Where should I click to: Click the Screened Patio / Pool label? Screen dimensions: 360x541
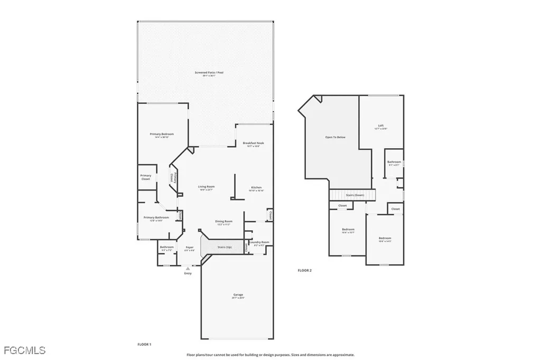coord(206,72)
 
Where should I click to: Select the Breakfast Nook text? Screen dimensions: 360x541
coord(254,143)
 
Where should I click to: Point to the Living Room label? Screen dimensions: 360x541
coord(206,186)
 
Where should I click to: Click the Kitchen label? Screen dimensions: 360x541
coord(256,187)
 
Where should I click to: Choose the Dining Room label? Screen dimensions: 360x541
coord(223,221)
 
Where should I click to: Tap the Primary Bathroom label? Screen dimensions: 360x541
coord(156,217)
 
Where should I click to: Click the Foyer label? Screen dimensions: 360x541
coord(189,247)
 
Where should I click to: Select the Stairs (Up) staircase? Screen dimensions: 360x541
coord(225,247)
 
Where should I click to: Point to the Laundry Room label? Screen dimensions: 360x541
coord(262,242)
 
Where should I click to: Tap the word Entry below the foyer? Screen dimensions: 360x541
coord(188,273)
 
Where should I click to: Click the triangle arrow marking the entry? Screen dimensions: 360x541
coord(188,268)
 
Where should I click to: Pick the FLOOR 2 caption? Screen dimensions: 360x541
coord(305,270)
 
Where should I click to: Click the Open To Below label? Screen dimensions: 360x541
coord(335,137)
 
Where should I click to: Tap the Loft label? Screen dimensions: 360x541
coord(381,126)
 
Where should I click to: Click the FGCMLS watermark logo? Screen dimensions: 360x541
coord(24,350)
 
